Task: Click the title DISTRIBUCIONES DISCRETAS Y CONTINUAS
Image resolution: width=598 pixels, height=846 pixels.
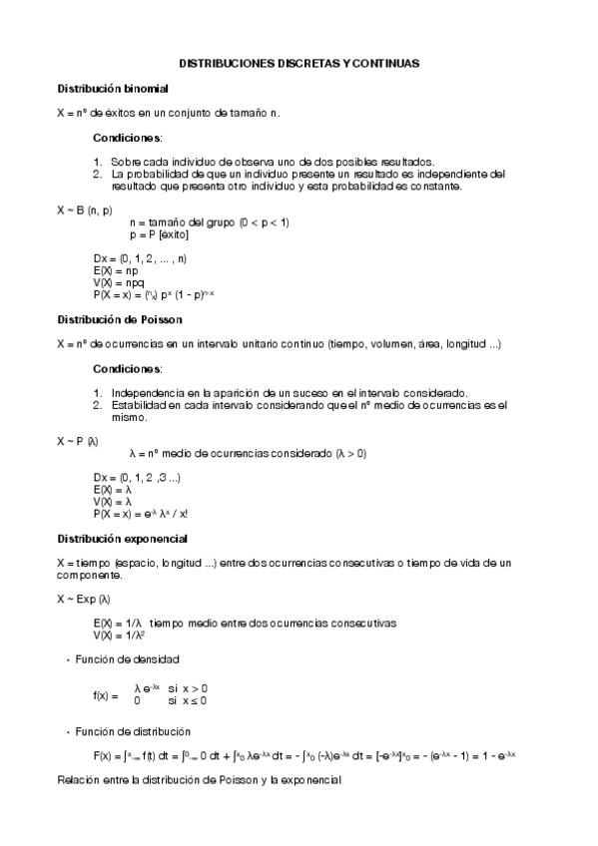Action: coord(299,62)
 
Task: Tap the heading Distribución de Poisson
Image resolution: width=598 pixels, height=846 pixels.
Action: coord(119,319)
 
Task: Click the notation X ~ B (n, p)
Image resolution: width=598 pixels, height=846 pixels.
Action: coord(85,211)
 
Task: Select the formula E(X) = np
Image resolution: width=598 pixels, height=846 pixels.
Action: coord(116,271)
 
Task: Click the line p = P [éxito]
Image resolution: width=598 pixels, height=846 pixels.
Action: coord(159,234)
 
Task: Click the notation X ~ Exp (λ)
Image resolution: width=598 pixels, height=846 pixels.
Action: coord(84,599)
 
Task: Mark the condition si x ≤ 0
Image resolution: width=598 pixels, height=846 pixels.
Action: coord(187,701)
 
